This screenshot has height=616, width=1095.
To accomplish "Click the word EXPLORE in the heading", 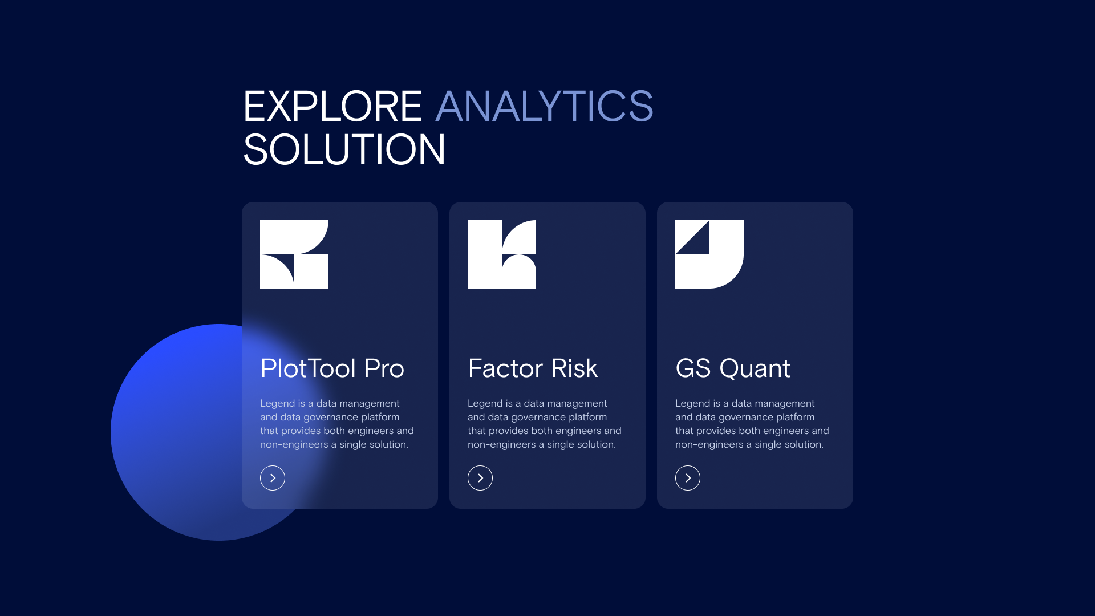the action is click(x=332, y=106).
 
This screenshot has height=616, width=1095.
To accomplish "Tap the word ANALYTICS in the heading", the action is click(x=545, y=106).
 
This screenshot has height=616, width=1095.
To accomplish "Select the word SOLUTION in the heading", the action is click(x=344, y=149).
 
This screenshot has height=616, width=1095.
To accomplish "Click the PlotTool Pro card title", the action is click(x=332, y=368).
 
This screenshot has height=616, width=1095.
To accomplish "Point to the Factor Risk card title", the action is click(x=533, y=368).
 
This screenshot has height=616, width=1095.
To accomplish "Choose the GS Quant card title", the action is click(x=733, y=368).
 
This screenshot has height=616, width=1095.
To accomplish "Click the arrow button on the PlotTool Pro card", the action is click(x=273, y=478).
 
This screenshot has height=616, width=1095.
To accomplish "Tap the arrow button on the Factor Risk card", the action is click(x=480, y=478).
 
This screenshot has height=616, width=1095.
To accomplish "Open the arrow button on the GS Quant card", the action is click(x=688, y=478).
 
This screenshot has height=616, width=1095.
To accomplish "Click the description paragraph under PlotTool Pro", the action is click(x=337, y=424).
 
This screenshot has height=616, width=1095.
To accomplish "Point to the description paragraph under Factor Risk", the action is click(x=545, y=424).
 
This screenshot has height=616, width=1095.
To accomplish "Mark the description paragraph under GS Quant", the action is click(x=752, y=424).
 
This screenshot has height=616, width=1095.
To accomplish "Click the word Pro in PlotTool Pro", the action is click(x=384, y=368).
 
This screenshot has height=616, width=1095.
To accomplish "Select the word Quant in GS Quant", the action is click(x=755, y=368).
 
